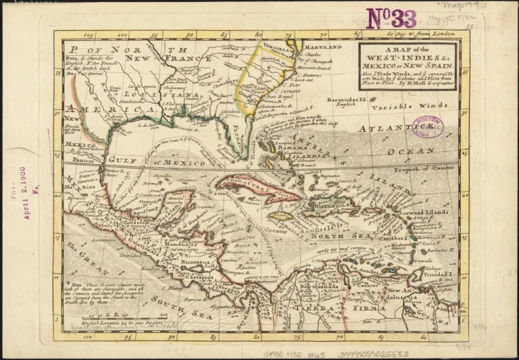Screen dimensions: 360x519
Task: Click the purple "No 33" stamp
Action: [391, 18]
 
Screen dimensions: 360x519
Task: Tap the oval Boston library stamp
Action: [427, 126]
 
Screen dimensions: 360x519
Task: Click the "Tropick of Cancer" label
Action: [424, 169]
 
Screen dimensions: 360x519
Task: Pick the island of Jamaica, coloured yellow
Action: [282, 217]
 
